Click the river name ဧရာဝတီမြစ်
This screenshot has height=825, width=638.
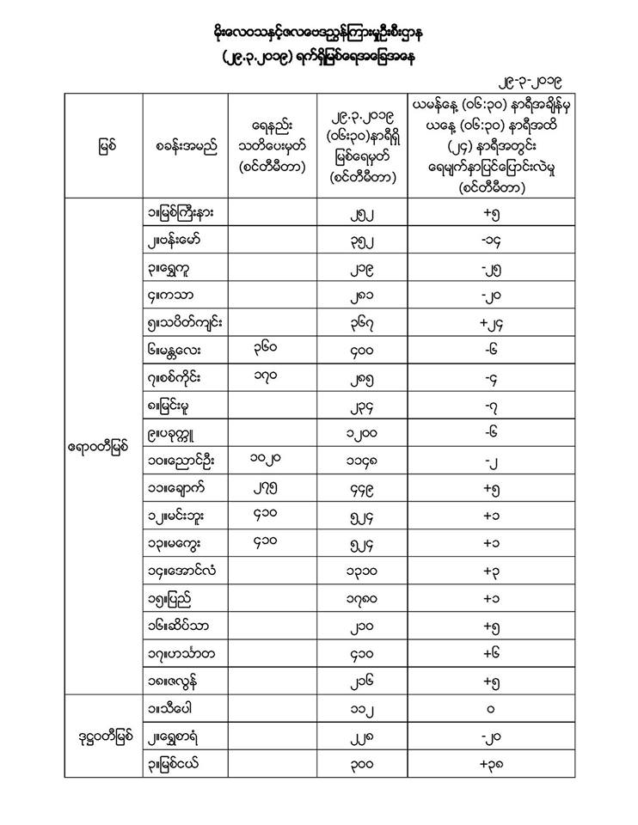click(x=104, y=447)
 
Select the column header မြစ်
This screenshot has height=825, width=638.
click(x=104, y=147)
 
